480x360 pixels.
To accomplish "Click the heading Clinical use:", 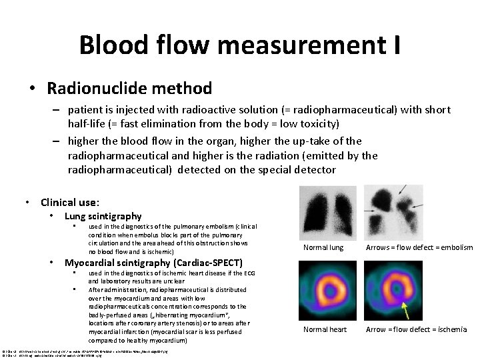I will coord(70,202).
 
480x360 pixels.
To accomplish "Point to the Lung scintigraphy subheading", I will coord(103,215).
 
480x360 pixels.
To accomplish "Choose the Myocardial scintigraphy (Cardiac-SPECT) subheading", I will coord(153,262).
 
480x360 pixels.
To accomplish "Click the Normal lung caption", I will coord(323,248).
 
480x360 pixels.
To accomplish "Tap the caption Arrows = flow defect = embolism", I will coord(419,248).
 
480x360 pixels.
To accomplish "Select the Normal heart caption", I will coord(325,329).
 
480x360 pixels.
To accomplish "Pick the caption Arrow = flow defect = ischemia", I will coord(416,329).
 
